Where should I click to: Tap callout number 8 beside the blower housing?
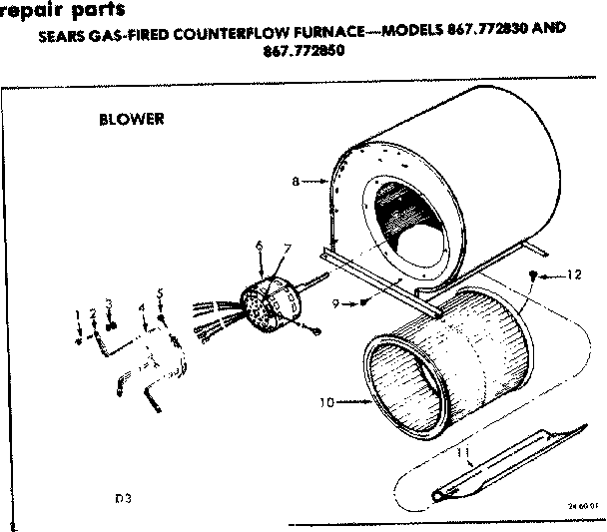click(296, 181)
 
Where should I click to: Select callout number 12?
click(573, 274)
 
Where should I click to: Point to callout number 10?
click(324, 403)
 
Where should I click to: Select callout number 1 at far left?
click(78, 314)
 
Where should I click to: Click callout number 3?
click(109, 302)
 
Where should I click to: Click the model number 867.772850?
click(303, 52)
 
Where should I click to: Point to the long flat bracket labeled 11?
click(509, 461)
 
